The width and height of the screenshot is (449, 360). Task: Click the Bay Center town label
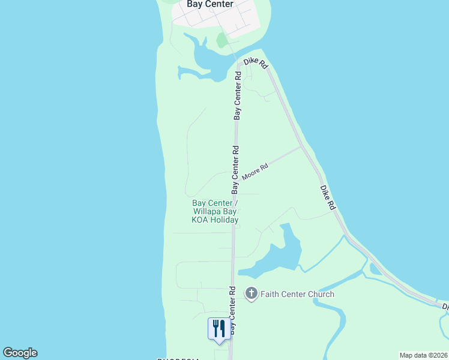click(x=209, y=4)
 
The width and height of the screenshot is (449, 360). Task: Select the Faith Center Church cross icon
click(x=251, y=294)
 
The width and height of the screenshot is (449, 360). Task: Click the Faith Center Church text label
click(x=297, y=294)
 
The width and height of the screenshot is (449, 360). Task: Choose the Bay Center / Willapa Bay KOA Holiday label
click(x=215, y=212)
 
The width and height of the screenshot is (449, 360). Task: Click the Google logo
click(x=20, y=353)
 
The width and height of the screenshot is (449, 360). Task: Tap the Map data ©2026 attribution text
click(x=424, y=355)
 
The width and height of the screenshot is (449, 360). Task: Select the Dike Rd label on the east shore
click(x=327, y=197)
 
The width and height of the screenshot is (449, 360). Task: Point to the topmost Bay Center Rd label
click(x=238, y=95)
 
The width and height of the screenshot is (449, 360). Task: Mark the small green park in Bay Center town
click(x=221, y=40)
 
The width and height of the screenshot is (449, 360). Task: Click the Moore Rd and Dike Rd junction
click(x=300, y=146)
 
